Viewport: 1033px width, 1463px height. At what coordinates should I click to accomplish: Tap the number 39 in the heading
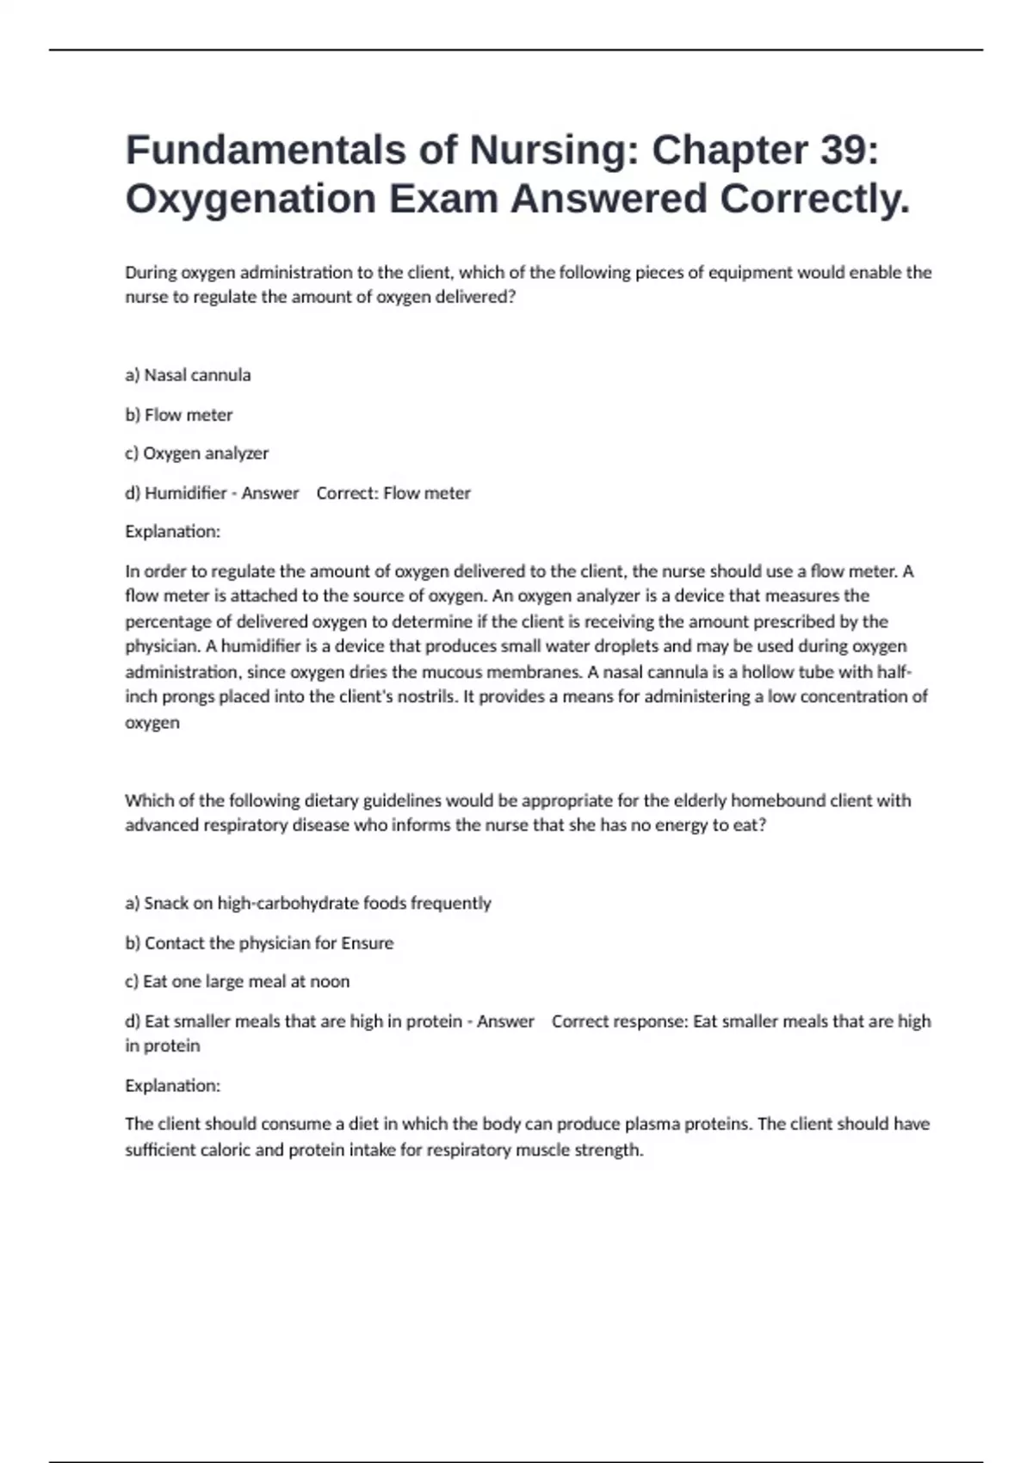pyautogui.click(x=843, y=150)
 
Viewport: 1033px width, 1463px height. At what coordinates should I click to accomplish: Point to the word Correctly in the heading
pyautogui.click(x=814, y=199)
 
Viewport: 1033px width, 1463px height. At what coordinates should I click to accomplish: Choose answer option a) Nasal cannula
pyautogui.click(x=188, y=375)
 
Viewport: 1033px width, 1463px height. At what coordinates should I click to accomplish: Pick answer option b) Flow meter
pyautogui.click(x=179, y=415)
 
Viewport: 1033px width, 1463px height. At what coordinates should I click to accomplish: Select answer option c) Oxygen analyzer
pyautogui.click(x=196, y=454)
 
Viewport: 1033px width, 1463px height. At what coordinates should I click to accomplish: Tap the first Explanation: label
pyautogui.click(x=172, y=532)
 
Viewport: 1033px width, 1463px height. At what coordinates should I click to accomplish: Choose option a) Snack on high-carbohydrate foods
pyautogui.click(x=307, y=903)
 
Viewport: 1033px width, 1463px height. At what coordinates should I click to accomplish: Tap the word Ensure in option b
pyautogui.click(x=368, y=943)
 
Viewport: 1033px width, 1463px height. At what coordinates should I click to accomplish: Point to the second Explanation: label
pyautogui.click(x=172, y=1085)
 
